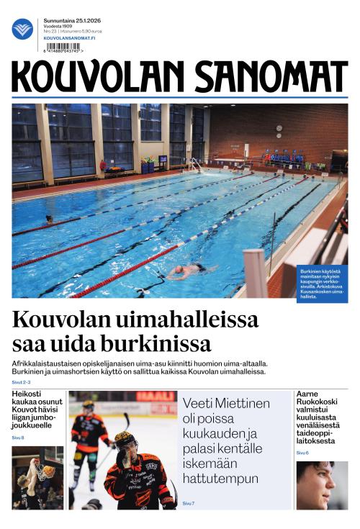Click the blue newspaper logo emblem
(x=22, y=29)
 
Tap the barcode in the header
(x=63, y=48)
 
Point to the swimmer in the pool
(x=186, y=271)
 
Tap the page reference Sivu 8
(x=18, y=438)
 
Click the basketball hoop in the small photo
(x=47, y=471)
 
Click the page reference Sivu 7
(x=189, y=503)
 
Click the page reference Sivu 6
(x=302, y=453)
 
